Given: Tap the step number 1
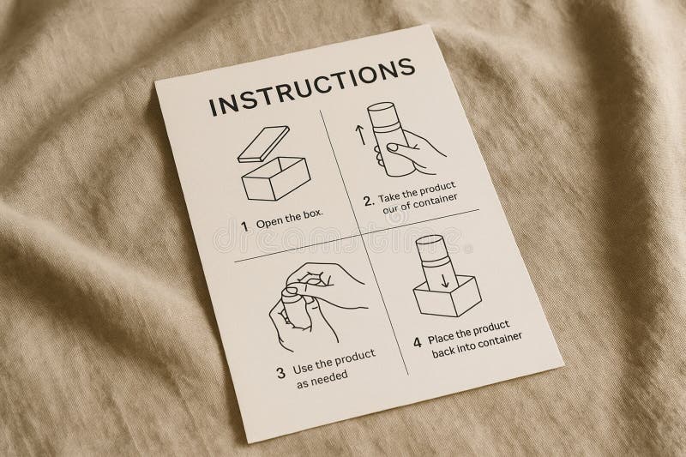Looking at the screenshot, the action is (x=245, y=226).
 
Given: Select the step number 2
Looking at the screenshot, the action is (x=369, y=201).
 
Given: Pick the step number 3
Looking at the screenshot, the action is (x=281, y=373).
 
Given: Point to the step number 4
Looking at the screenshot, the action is (x=418, y=342).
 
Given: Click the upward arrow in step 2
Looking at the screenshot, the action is (x=360, y=135).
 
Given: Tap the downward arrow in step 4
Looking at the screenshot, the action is (x=445, y=280).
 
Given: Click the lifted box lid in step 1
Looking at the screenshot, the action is (x=263, y=145).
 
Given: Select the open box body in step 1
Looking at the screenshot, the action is (x=276, y=179).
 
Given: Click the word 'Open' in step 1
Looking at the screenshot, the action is (x=268, y=223).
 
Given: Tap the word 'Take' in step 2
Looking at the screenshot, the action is (x=389, y=197).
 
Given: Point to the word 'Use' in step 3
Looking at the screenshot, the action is (x=302, y=368).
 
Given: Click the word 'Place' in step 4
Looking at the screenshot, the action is (x=441, y=338).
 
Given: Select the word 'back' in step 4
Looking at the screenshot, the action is (x=443, y=351).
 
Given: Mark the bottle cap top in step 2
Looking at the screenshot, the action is (x=382, y=107).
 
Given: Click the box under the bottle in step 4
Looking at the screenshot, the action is (x=448, y=296).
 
